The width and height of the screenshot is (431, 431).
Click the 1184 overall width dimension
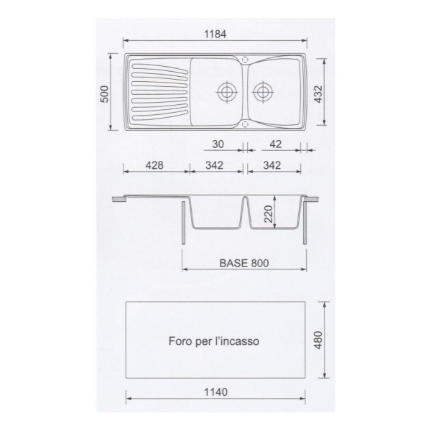(x=215, y=34)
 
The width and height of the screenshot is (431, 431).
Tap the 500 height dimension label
(x=104, y=94)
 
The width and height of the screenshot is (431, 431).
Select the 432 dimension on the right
(x=318, y=94)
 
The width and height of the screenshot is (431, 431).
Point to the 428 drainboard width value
(x=154, y=165)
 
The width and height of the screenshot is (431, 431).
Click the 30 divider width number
(x=218, y=144)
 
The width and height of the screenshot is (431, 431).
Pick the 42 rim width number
(x=275, y=144)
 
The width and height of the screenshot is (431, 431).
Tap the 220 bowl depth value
(x=268, y=214)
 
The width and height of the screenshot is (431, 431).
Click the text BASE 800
(x=244, y=263)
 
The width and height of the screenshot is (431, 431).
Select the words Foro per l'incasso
(x=214, y=341)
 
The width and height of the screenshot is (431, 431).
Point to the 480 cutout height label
(x=318, y=340)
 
